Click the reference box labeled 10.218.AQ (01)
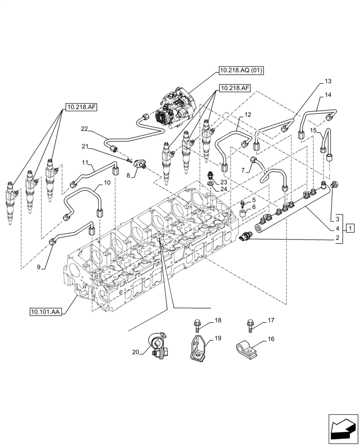pos(241,70)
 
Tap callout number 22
pos(85,129)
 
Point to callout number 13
pos(328,81)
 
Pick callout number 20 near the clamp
pos(135,352)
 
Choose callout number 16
pos(271,339)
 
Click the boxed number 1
pos(352,229)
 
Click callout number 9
pos(39,267)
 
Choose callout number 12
pos(248,115)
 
